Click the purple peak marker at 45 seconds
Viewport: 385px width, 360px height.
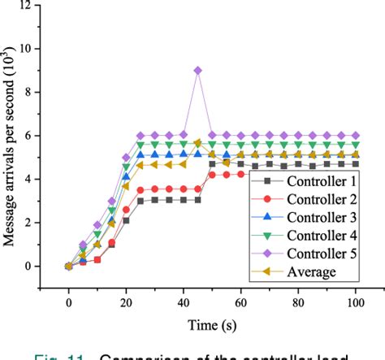pyautogui.click(x=198, y=71)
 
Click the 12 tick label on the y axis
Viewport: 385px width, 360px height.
pyautogui.click(x=31, y=6)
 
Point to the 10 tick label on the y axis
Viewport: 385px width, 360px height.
pyautogui.click(x=31, y=49)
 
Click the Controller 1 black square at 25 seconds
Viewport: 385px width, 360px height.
pyautogui.click(x=141, y=200)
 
